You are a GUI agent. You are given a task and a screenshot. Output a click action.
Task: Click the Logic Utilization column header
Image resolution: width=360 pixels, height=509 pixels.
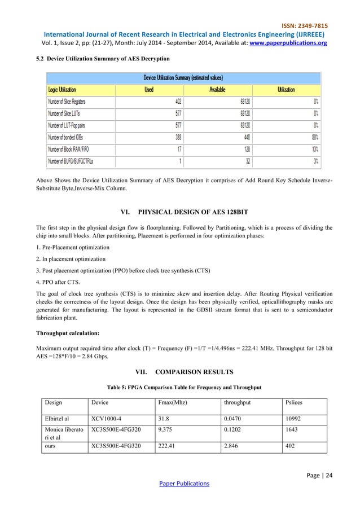[x=62, y=89]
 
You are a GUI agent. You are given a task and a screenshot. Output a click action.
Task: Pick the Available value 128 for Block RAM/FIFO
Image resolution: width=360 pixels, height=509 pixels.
[x=245, y=149]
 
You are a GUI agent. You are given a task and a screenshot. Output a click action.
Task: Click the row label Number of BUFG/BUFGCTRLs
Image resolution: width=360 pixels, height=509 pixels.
[x=71, y=161]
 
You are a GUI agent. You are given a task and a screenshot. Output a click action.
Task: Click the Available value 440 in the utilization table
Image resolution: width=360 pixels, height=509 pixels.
[x=245, y=137]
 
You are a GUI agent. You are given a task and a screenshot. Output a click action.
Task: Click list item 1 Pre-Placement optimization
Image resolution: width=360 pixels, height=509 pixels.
[x=72, y=248]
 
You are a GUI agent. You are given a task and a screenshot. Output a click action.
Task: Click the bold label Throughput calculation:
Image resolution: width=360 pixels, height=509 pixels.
[x=64, y=334]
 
